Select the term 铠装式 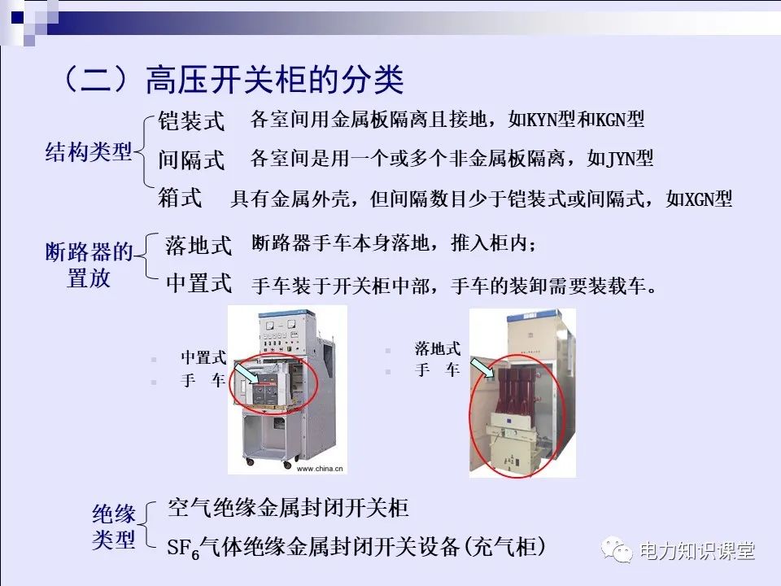pos(191,121)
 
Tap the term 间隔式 pos(191,160)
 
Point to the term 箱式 pos(180,197)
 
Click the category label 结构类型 pos(88,152)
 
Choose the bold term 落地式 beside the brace pos(199,245)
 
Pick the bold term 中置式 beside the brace pos(199,283)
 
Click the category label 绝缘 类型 pos(113,527)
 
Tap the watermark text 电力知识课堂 pos(698,552)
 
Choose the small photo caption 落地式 pos(438,349)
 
